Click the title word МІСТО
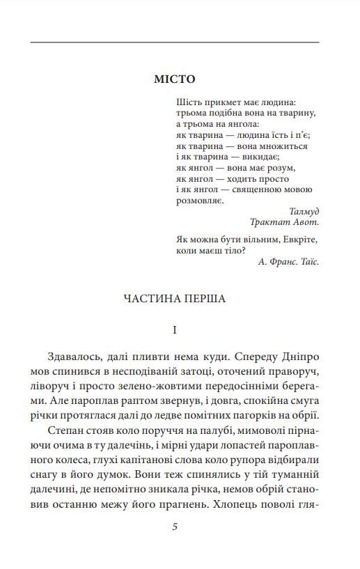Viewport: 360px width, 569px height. click(174, 79)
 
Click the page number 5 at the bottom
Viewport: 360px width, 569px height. click(175, 526)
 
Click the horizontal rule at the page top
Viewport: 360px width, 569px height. click(175, 43)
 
